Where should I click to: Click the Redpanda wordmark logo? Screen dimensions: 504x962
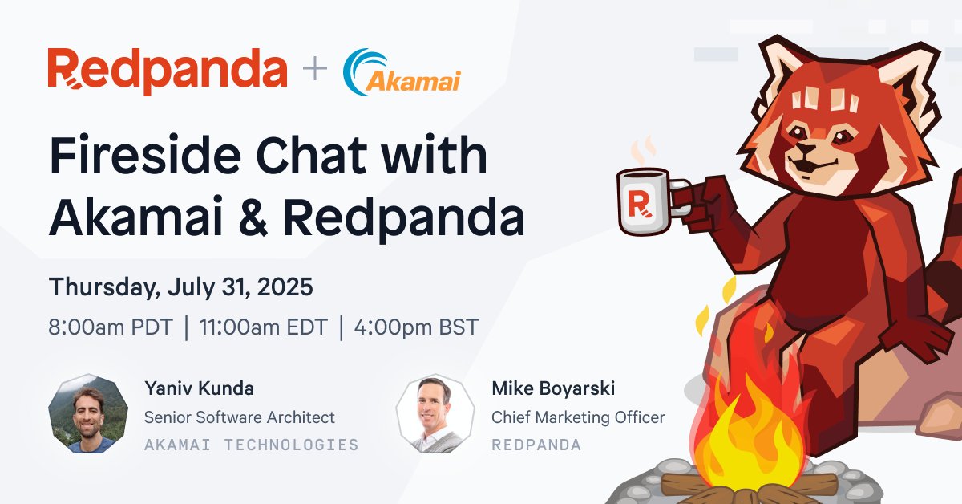click(x=167, y=71)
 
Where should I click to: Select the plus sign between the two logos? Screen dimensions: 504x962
click(x=315, y=71)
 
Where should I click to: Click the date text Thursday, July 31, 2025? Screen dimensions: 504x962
click(x=180, y=287)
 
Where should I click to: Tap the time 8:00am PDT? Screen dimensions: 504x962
click(x=110, y=327)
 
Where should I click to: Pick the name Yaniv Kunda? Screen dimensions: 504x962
click(x=199, y=389)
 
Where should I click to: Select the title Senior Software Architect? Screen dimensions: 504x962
click(x=239, y=417)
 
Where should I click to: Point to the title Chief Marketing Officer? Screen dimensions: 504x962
click(x=578, y=417)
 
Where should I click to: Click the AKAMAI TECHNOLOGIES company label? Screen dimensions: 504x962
click(x=251, y=445)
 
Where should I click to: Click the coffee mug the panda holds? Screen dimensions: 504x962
click(x=645, y=202)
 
